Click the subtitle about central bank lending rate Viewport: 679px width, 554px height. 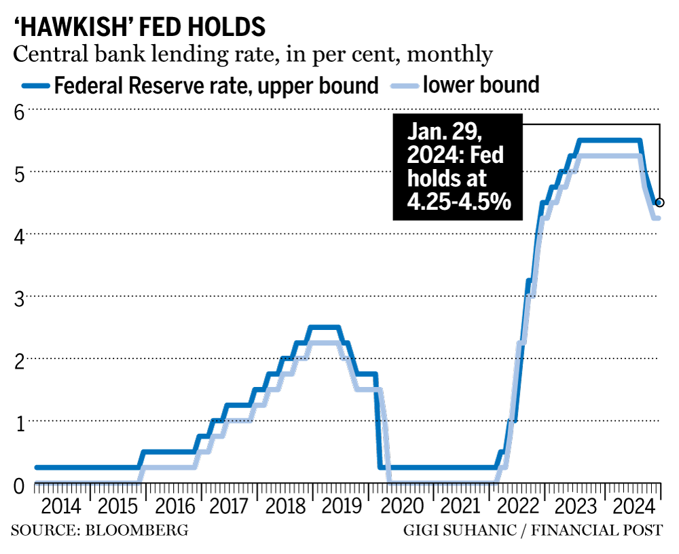251,54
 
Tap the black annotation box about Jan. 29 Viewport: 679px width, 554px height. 457,167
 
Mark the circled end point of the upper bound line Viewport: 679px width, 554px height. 659,202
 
